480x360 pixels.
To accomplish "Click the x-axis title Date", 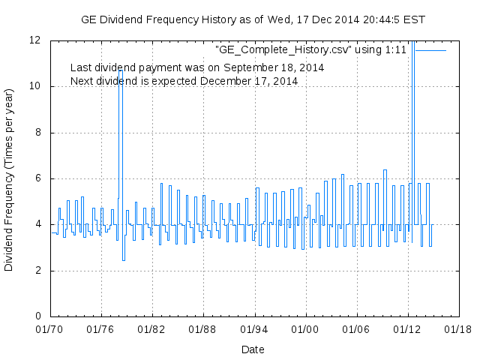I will point(253,349).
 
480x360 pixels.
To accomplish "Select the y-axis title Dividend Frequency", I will point(10,178).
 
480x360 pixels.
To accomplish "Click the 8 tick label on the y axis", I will point(38,133).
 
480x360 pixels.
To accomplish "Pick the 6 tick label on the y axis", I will point(38,178).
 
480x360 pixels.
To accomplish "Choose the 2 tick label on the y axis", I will point(38,271).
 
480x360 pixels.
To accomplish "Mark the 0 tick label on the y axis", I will point(38,316).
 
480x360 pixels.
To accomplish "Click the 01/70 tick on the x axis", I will point(50,328).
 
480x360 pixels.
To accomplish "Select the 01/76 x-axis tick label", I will point(101,328).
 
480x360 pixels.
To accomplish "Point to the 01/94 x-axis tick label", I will point(253,328).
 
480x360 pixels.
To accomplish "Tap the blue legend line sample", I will point(430,49).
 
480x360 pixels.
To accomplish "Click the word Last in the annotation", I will point(81,67).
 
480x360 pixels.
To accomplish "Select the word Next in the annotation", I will point(82,80).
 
